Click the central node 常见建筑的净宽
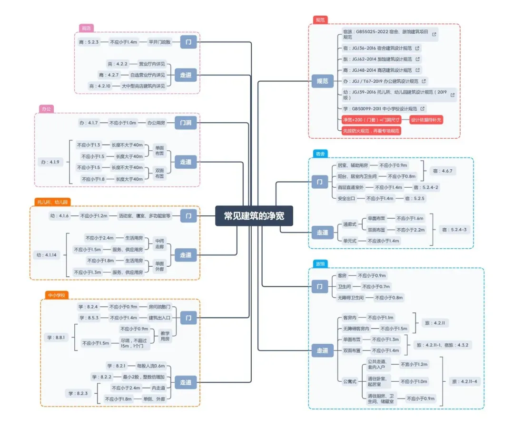click(254, 215)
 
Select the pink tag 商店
click(86, 28)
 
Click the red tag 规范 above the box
click(320, 20)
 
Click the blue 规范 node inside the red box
click(322, 81)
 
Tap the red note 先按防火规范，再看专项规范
click(371, 130)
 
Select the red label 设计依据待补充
click(426, 119)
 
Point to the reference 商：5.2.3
click(89, 42)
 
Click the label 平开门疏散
click(159, 42)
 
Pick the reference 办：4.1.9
click(50, 162)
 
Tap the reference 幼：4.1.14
click(46, 255)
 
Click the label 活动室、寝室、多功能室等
click(145, 216)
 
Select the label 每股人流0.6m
click(150, 366)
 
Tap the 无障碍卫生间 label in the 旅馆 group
click(351, 298)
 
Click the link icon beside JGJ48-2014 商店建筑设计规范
click(417, 70)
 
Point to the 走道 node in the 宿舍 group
click(322, 233)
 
